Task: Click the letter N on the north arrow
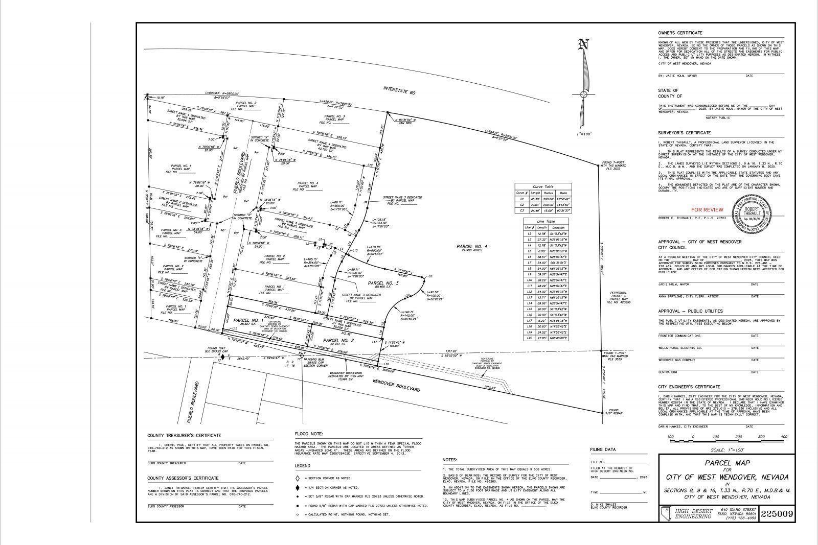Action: pos(583,45)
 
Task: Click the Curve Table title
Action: pos(543,186)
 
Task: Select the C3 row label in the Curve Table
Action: pos(522,210)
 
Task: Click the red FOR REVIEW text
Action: pos(707,209)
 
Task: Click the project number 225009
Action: pos(778,513)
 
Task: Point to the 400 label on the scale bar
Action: pos(784,437)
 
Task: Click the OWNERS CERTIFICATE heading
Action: pos(680,33)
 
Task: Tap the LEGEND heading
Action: pos(302,466)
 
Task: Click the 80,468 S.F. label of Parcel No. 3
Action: pos(383,288)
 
